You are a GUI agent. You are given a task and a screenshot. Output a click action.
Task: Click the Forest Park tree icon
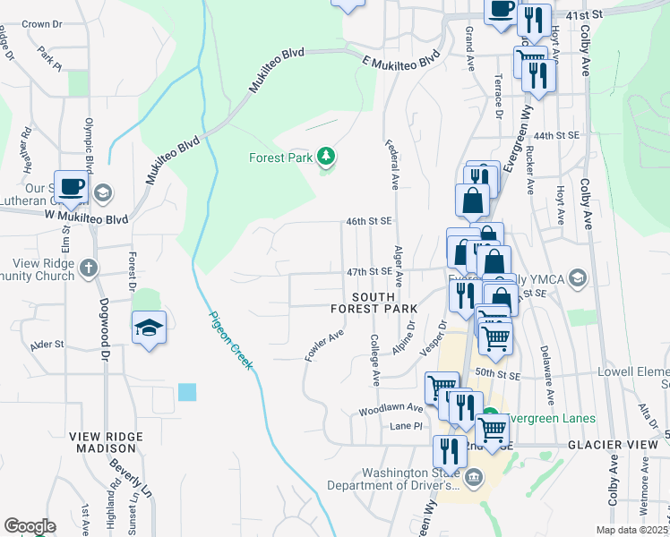(x=327, y=158)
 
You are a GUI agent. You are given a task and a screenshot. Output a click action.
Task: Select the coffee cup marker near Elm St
(x=72, y=188)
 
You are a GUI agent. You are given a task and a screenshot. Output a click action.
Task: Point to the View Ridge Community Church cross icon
(x=89, y=267)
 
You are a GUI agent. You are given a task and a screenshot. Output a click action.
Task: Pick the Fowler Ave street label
(x=325, y=345)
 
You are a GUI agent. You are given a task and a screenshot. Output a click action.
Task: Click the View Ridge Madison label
(x=106, y=442)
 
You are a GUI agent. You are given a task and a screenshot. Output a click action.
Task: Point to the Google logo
(x=29, y=525)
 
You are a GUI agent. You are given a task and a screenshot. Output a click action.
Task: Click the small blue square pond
(x=187, y=391)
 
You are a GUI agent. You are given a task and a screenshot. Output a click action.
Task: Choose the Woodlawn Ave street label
(x=391, y=407)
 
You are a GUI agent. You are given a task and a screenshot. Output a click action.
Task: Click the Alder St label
(x=47, y=344)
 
